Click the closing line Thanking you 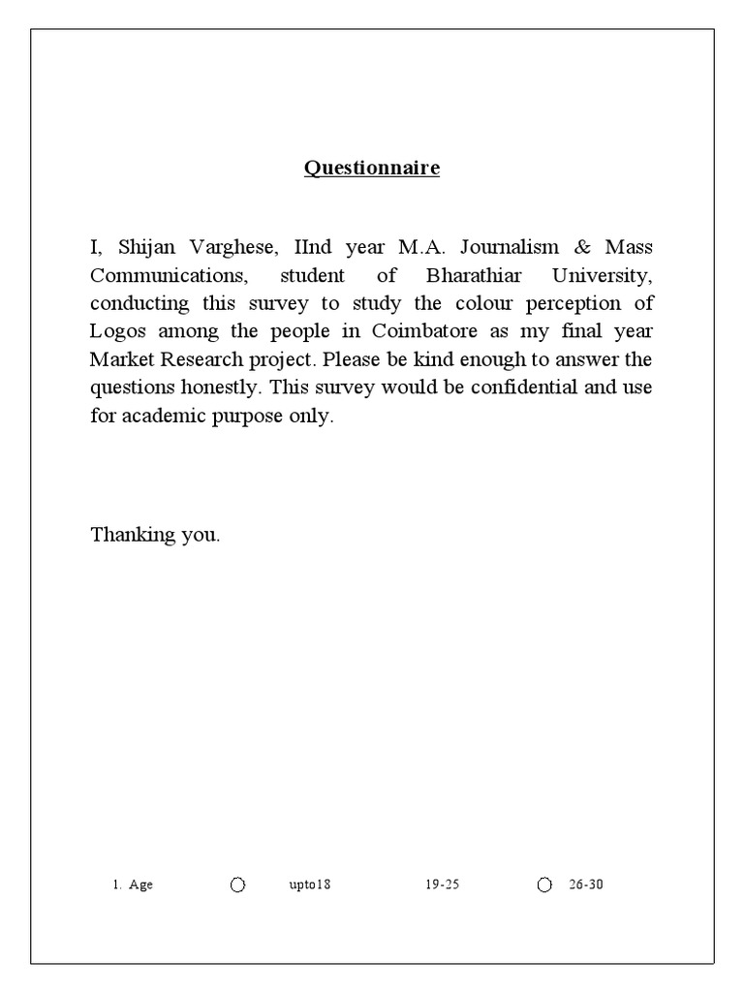click(x=156, y=534)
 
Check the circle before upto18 click(x=238, y=885)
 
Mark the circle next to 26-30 click(x=544, y=885)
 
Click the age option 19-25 click(x=441, y=885)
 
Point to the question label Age click(x=140, y=885)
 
